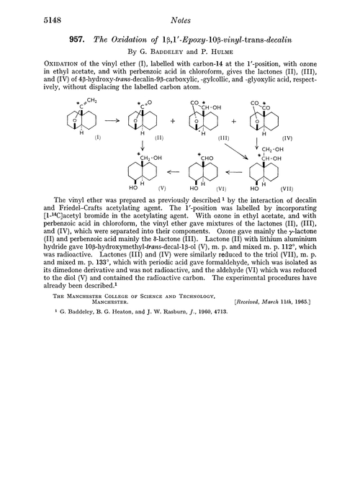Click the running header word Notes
[x=179, y=12]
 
